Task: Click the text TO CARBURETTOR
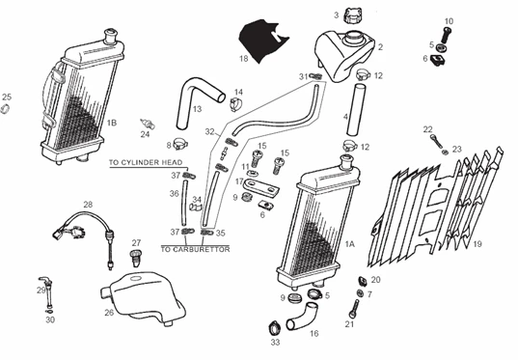tap(193, 248)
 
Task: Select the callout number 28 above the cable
tap(87, 205)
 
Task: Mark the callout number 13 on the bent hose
tap(196, 109)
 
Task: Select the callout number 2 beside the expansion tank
tap(380, 46)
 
